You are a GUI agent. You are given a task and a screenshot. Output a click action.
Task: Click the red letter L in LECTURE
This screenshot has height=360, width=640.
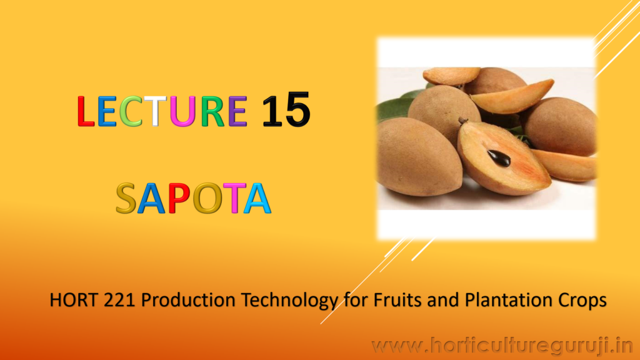coord(86,111)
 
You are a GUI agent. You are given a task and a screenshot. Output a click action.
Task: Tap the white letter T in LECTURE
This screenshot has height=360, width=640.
coord(155,111)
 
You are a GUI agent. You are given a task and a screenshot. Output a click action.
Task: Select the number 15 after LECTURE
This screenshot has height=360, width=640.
coord(286,110)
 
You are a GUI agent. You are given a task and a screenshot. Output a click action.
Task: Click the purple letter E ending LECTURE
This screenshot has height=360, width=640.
coord(237,111)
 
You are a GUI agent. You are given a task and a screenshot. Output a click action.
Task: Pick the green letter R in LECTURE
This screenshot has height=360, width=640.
coord(212,111)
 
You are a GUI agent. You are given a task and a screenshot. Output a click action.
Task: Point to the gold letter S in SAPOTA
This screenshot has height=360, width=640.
coord(126,198)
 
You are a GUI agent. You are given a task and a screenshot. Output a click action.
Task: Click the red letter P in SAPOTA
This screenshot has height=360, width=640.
coord(179,198)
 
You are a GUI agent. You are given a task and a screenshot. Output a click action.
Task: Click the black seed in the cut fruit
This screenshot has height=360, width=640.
coord(499,158)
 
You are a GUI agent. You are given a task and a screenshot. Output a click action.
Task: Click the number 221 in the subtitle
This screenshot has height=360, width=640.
coord(119,301)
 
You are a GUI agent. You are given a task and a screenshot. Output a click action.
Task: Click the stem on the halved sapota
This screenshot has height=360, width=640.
coord(463,121)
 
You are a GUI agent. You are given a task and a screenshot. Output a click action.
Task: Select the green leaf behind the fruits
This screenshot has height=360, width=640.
coord(392,107)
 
